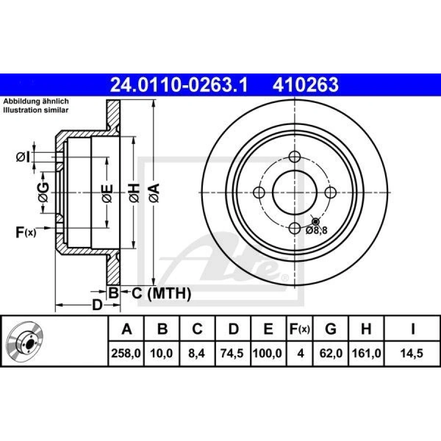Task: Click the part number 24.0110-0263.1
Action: [179, 85]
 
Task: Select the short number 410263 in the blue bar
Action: [305, 85]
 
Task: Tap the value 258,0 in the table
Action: [126, 353]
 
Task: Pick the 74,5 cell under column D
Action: [232, 353]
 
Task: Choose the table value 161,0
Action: [367, 353]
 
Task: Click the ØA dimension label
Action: [154, 193]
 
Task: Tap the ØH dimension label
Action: [134, 193]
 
